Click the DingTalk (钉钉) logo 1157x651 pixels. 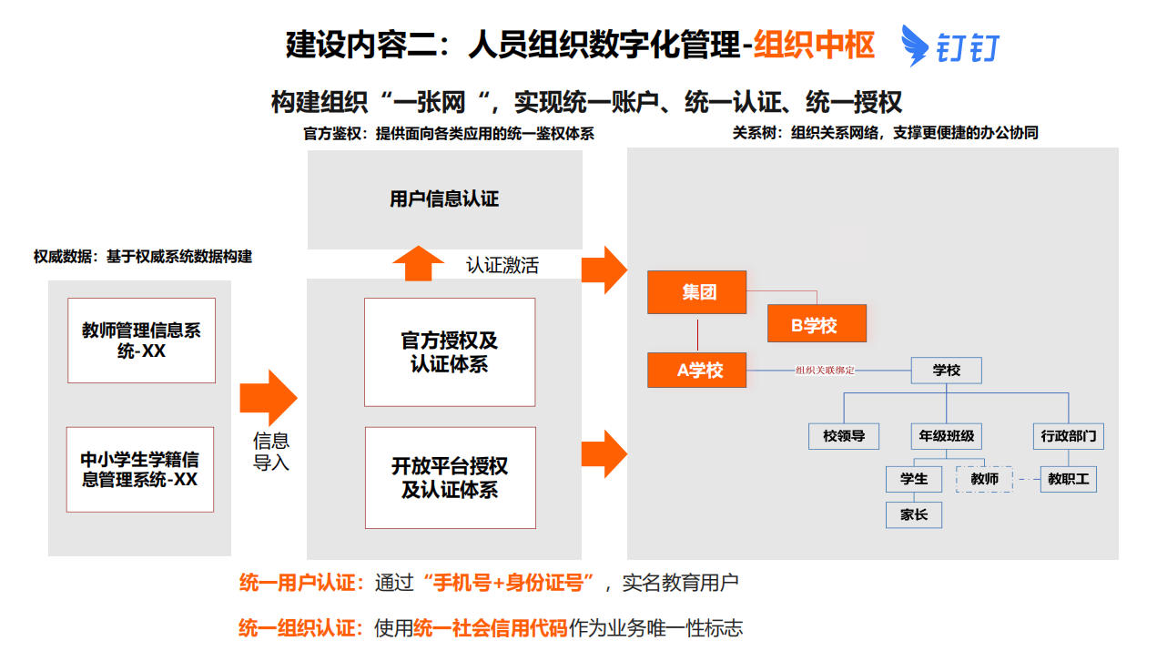[x=949, y=46]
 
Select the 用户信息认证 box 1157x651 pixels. [x=444, y=198]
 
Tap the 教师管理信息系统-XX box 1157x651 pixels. [x=141, y=341]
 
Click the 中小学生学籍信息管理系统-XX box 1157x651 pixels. [x=140, y=469]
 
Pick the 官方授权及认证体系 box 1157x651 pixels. [x=450, y=352]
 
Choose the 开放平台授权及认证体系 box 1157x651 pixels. [x=450, y=478]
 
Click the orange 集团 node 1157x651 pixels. [x=696, y=292]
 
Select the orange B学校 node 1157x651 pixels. [x=817, y=324]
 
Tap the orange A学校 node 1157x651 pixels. [x=696, y=371]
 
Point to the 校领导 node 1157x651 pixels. [x=844, y=436]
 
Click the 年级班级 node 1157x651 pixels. [x=947, y=436]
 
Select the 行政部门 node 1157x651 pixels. [x=1068, y=436]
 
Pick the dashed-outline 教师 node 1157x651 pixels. [x=984, y=479]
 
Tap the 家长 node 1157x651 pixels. [x=914, y=514]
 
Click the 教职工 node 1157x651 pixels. [x=1068, y=479]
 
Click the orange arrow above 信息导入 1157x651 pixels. [x=268, y=397]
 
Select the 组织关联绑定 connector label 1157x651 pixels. [x=825, y=371]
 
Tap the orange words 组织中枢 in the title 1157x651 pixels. [x=814, y=45]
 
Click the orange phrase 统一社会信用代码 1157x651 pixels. [x=490, y=627]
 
